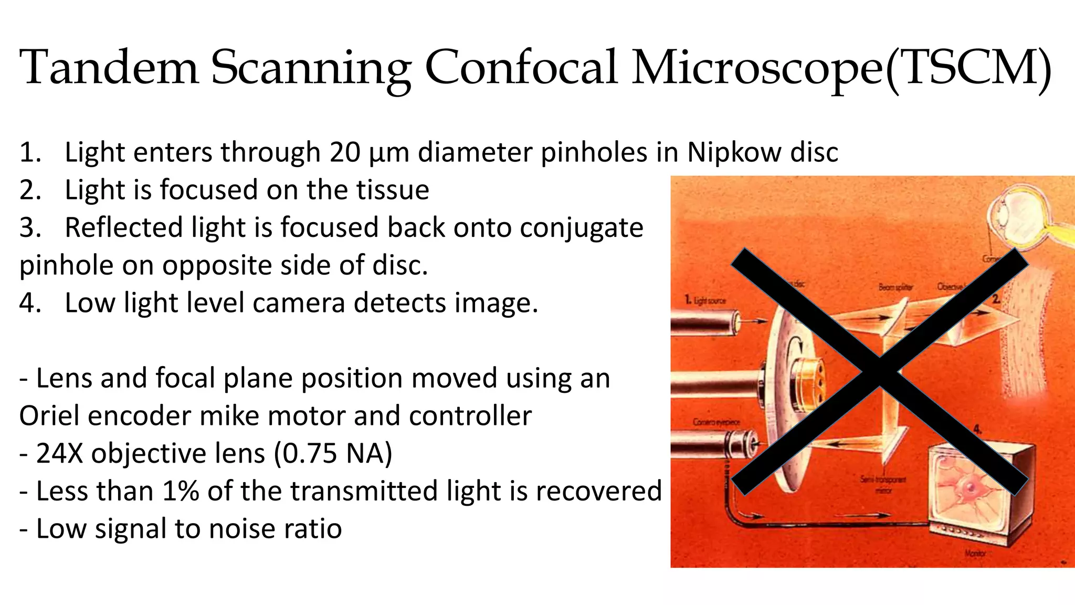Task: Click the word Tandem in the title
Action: tap(109, 68)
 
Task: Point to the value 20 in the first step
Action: tap(345, 152)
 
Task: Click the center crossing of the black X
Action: tap(880, 372)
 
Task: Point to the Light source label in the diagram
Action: tap(705, 300)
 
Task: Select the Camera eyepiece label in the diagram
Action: tap(716, 422)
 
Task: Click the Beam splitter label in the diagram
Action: tap(895, 287)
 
